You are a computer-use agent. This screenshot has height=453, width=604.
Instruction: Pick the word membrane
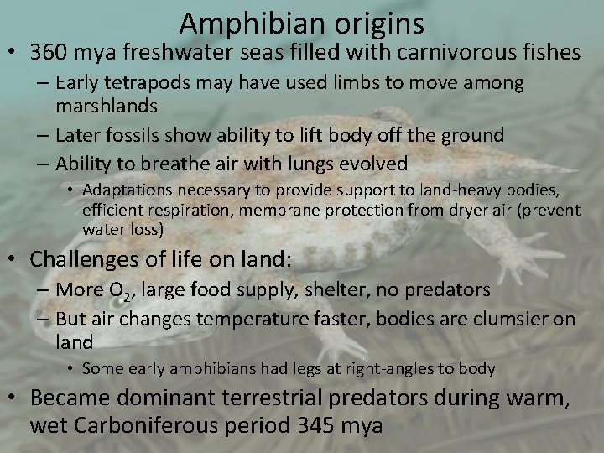pyautogui.click(x=277, y=210)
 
